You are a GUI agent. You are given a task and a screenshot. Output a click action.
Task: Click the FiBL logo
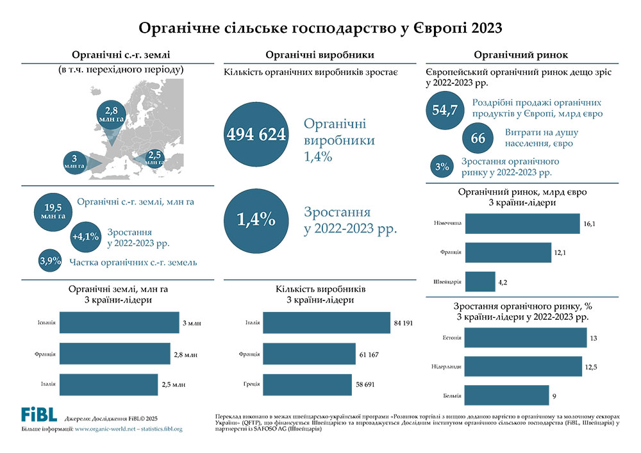pos(39,414)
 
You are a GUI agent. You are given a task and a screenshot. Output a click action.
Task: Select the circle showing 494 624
pos(256,135)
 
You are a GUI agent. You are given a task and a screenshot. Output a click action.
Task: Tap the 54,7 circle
pos(444,110)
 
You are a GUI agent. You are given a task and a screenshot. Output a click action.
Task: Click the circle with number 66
pos(478,138)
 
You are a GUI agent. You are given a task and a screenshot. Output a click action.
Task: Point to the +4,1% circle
pos(85,236)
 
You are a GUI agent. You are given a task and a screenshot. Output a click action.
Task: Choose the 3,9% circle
pos(50,261)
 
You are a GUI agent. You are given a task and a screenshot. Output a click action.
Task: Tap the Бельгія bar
pos(506,395)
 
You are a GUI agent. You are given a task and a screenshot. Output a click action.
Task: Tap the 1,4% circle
pos(256,220)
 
